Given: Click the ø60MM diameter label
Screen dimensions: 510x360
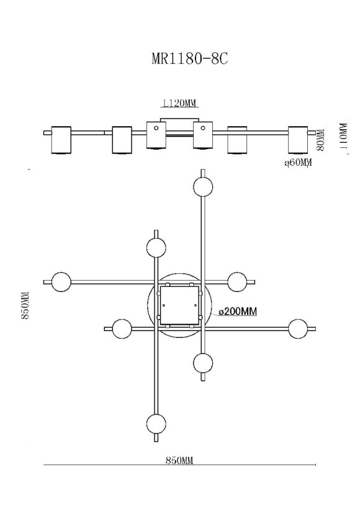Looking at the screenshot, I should (297, 163).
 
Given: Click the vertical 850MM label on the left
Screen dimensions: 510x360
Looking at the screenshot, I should (25, 305).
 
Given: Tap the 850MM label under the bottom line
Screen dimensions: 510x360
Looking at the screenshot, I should (179, 460).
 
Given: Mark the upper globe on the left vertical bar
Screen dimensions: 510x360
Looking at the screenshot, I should (156, 247).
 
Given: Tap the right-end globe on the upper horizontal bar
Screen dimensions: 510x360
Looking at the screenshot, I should (237, 281).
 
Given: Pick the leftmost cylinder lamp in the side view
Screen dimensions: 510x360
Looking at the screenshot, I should (61, 140).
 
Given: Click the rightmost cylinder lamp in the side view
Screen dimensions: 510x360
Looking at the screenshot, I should (299, 140).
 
